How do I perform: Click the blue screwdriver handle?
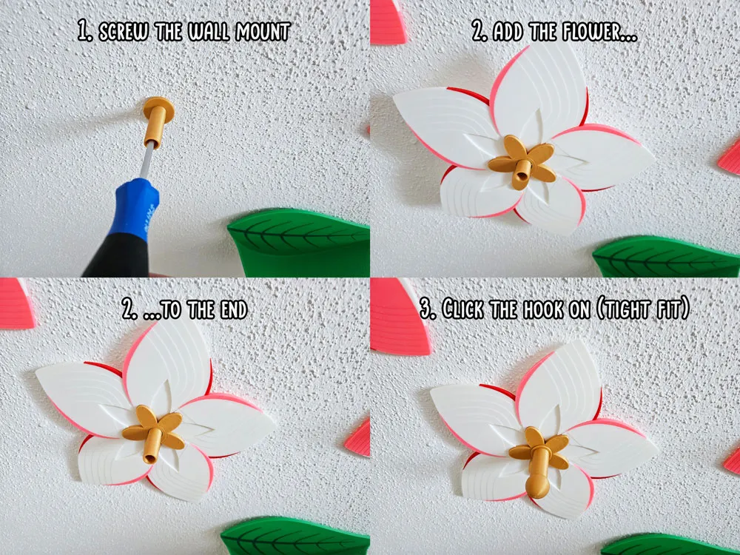[135, 208]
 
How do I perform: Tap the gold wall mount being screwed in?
[157, 121]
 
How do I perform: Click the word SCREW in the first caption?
[124, 32]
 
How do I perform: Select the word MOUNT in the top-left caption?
[263, 32]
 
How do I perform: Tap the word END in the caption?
[231, 309]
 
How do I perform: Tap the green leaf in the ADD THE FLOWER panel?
[666, 256]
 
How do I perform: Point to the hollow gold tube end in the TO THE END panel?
[150, 457]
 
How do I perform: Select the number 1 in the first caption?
[85, 32]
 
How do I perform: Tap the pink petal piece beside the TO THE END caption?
[16, 303]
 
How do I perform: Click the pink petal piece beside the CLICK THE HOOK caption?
[400, 315]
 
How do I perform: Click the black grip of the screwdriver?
[118, 258]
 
